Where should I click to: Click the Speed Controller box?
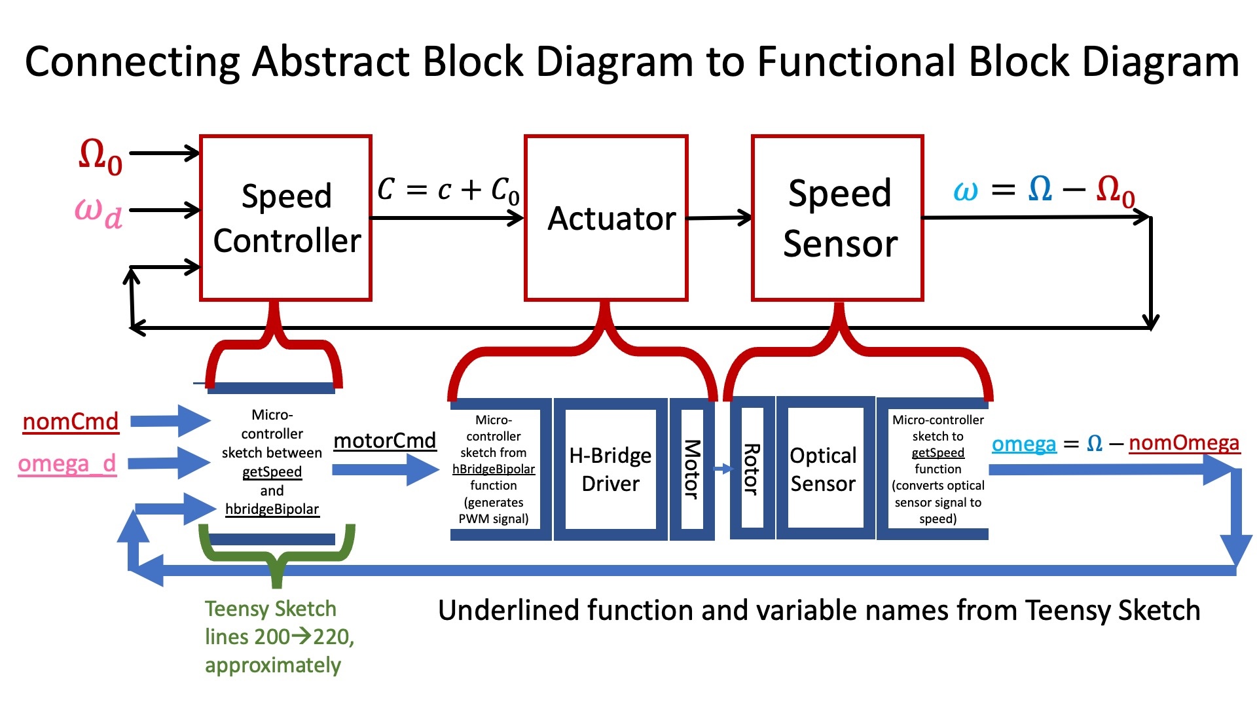click(x=286, y=218)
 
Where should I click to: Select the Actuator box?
click(x=606, y=218)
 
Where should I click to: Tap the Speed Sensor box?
click(x=838, y=218)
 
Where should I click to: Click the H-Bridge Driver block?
click(x=610, y=469)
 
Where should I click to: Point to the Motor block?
click(x=692, y=469)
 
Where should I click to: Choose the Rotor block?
click(x=752, y=469)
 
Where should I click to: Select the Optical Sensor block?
click(x=823, y=469)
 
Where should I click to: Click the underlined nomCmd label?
click(x=71, y=422)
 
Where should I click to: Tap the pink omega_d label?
click(x=67, y=463)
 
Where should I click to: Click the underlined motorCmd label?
click(x=385, y=441)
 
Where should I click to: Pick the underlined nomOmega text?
click(x=1184, y=443)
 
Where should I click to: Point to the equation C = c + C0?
click(x=448, y=190)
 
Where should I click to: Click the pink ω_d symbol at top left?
click(x=98, y=212)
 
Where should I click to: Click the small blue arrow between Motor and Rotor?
click(x=723, y=469)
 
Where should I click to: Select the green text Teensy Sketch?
click(x=270, y=609)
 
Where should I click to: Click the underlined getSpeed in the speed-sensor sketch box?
click(x=938, y=452)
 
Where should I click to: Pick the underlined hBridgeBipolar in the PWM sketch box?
click(x=494, y=469)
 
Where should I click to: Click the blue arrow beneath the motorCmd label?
click(x=385, y=469)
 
